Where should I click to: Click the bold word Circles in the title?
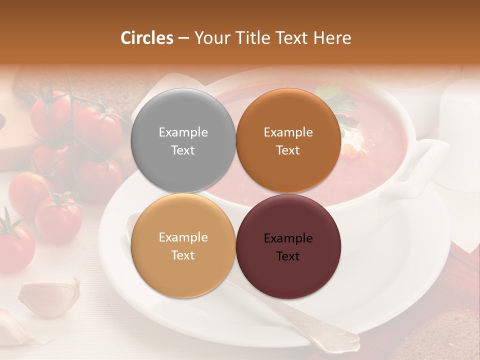[x=147, y=38]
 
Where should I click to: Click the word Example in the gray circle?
[x=183, y=132]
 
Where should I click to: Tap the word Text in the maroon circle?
[x=288, y=256]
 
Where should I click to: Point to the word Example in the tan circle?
[x=183, y=237]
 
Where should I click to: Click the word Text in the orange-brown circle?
[x=288, y=150]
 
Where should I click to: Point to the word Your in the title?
[x=210, y=38]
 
